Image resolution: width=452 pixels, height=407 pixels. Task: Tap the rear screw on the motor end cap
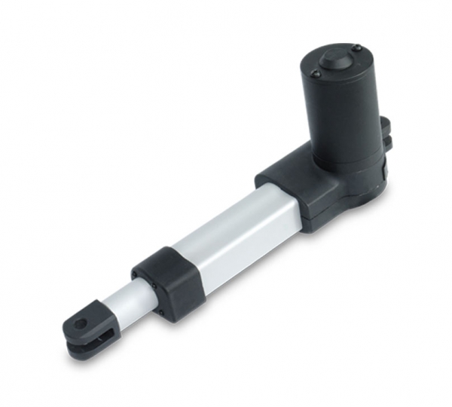[x=357, y=49]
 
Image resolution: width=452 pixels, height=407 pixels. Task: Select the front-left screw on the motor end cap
[x=316, y=74]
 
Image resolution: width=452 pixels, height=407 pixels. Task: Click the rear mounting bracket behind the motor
[x=385, y=132]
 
